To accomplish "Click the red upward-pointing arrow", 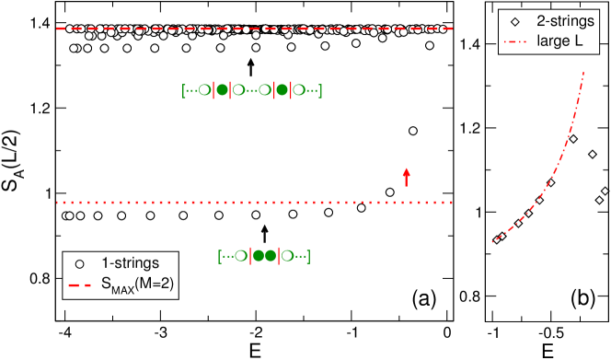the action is point(406,177).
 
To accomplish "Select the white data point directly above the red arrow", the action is point(412,132).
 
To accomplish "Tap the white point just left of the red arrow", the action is point(390,192).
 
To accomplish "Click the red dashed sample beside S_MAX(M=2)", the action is point(80,286).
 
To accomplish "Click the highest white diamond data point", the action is point(573,139).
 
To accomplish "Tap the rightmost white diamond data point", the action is point(605,192).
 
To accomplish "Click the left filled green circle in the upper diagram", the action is point(221,90).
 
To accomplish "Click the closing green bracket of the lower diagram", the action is point(308,255).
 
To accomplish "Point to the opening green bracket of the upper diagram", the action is point(184,90).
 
